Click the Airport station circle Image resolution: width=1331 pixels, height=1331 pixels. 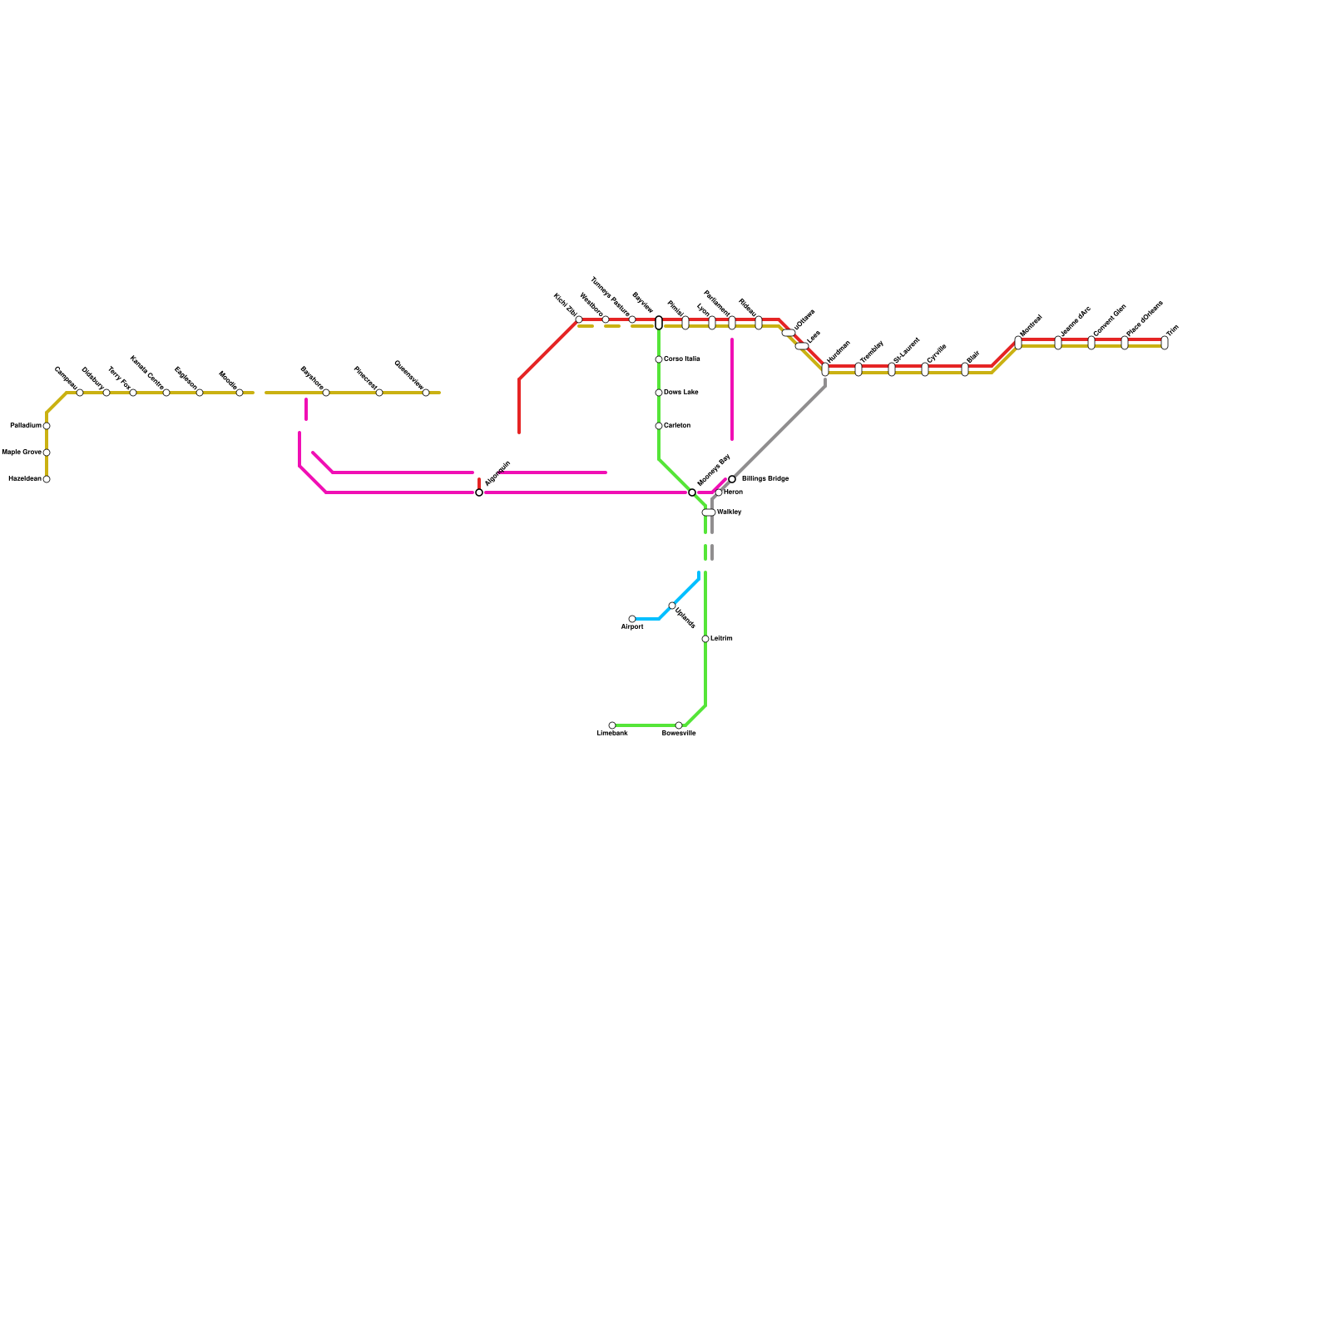(x=632, y=619)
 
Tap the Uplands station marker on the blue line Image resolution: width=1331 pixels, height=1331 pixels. (x=672, y=606)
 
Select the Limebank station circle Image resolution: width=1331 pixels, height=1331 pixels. (x=612, y=725)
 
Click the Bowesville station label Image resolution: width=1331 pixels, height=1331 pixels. (x=679, y=734)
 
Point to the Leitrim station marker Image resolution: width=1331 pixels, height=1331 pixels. (x=705, y=639)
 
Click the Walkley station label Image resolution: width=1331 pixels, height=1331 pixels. (x=729, y=512)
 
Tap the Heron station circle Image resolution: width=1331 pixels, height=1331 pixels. (x=719, y=492)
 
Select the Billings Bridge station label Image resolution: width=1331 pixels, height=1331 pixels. (x=764, y=479)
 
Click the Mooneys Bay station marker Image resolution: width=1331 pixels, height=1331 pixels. (x=692, y=492)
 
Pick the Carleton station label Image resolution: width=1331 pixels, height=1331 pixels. (x=677, y=426)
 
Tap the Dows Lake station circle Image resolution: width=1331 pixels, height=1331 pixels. (x=659, y=393)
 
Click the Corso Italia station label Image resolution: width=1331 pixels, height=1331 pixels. (x=681, y=359)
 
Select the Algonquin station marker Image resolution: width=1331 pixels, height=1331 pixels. (x=479, y=492)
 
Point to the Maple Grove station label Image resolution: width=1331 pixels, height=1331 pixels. (x=22, y=453)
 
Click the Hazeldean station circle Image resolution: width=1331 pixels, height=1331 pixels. (x=47, y=479)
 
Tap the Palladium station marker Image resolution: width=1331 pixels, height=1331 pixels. (x=47, y=426)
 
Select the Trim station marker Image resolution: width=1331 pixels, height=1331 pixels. (x=1165, y=343)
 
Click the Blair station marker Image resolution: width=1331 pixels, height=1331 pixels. (x=965, y=369)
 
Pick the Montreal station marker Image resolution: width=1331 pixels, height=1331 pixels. (x=1018, y=343)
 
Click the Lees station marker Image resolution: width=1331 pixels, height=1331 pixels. (x=802, y=346)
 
